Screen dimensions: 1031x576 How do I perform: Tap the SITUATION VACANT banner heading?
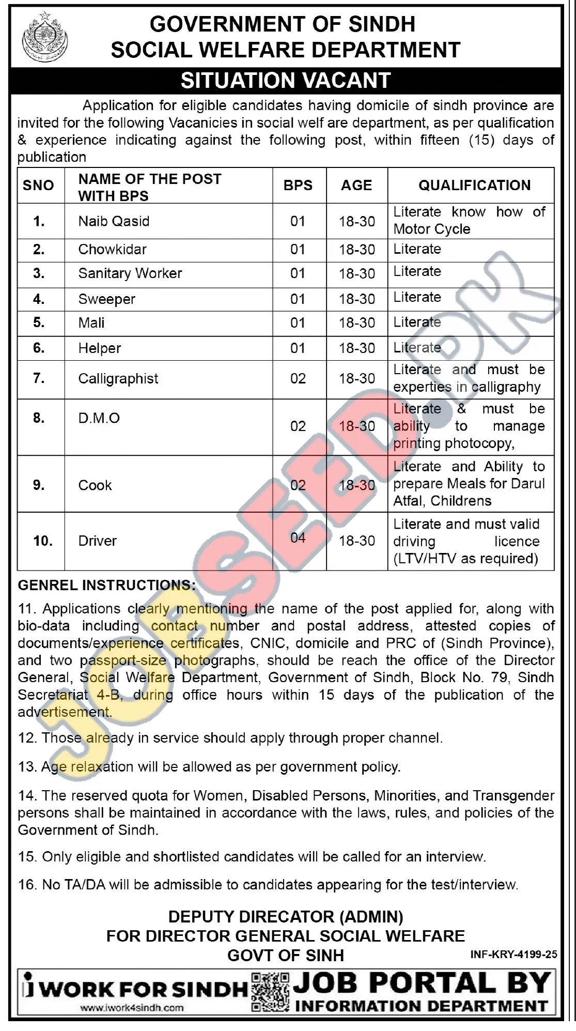tap(286, 81)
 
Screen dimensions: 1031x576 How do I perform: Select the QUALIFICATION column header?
tap(474, 186)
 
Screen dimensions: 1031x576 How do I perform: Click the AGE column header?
tap(356, 186)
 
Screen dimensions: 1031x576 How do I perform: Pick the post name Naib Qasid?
tap(114, 221)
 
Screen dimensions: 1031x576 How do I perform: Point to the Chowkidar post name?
tap(112, 250)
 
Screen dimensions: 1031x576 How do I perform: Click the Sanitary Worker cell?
tap(130, 273)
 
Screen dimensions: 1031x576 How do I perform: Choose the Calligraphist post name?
tap(118, 379)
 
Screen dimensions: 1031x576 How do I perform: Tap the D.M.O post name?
tap(99, 418)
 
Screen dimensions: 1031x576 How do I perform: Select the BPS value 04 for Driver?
tap(298, 538)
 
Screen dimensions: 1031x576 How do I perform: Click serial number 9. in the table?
tap(39, 485)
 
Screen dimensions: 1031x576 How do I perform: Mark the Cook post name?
tap(95, 485)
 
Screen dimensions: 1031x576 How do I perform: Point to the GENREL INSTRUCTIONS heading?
tap(107, 586)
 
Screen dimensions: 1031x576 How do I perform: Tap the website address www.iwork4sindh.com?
tap(132, 1007)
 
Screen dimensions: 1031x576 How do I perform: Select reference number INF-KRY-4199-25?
tap(513, 955)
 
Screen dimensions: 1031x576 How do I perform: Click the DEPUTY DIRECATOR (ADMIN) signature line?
tap(286, 917)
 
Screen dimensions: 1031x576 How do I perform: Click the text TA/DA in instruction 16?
tap(85, 884)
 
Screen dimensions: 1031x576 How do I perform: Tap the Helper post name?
tap(99, 348)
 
